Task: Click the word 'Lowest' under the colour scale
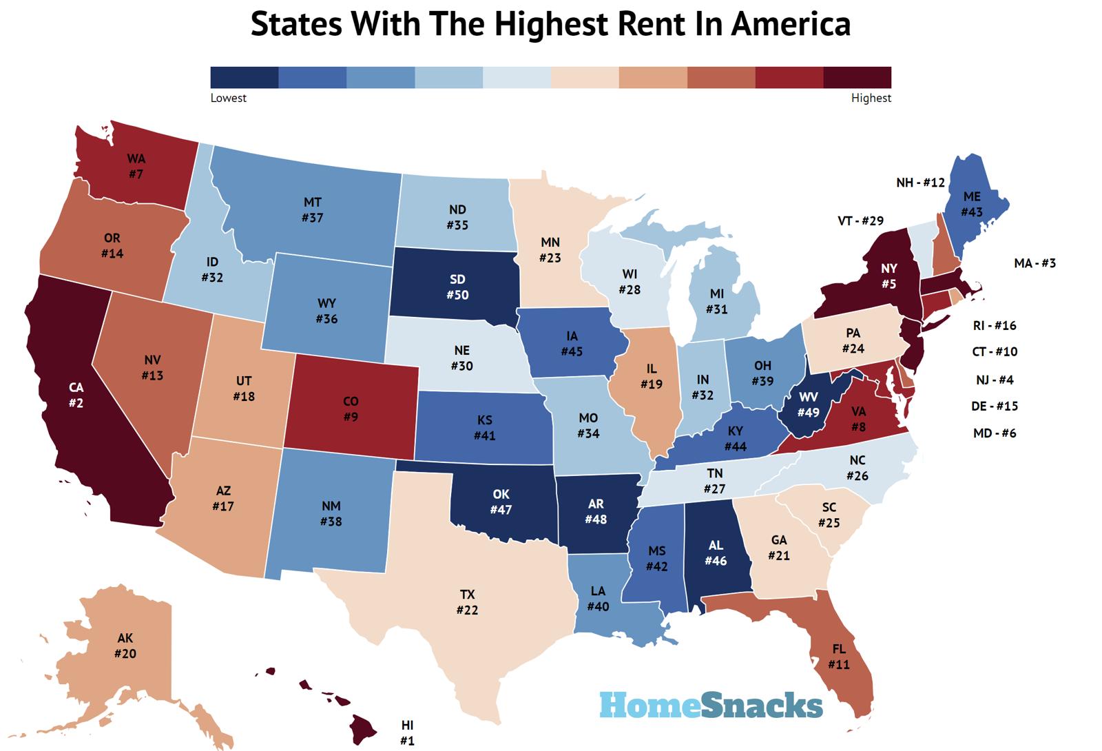[x=228, y=98]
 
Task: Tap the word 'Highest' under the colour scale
[x=871, y=98]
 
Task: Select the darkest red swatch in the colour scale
[x=857, y=77]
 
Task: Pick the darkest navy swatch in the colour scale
[x=244, y=77]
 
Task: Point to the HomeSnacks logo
[x=711, y=705]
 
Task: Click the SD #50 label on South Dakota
[x=457, y=287]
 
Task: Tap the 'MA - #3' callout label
[x=1035, y=263]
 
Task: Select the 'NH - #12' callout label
[x=920, y=183]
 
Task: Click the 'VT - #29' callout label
[x=860, y=220]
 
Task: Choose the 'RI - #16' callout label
[x=995, y=325]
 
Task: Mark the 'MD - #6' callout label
[x=995, y=433]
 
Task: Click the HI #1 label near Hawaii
[x=407, y=733]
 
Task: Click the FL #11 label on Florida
[x=838, y=657]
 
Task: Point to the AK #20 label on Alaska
[x=125, y=646]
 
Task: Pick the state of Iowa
[x=571, y=344]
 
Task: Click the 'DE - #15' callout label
[x=995, y=406]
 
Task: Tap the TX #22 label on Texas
[x=467, y=602]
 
